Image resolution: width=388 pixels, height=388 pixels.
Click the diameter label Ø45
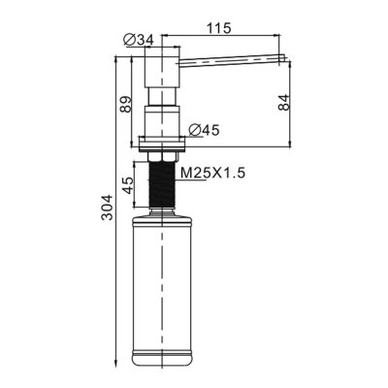point(201,130)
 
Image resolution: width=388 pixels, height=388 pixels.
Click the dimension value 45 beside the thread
point(127,184)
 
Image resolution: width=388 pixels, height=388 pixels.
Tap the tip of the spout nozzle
point(282,60)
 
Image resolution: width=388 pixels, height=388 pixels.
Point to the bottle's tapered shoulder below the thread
point(161,217)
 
